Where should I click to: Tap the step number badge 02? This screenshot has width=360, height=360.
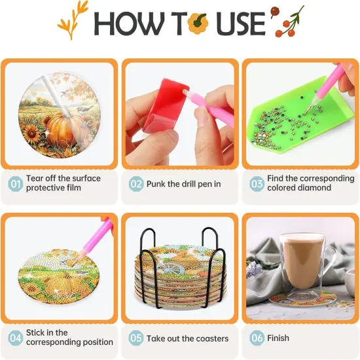(136, 184)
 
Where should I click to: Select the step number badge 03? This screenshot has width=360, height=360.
(257, 183)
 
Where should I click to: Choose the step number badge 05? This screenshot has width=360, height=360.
(136, 338)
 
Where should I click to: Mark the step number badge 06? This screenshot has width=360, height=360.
(257, 338)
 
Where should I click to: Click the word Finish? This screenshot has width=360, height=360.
(278, 338)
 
